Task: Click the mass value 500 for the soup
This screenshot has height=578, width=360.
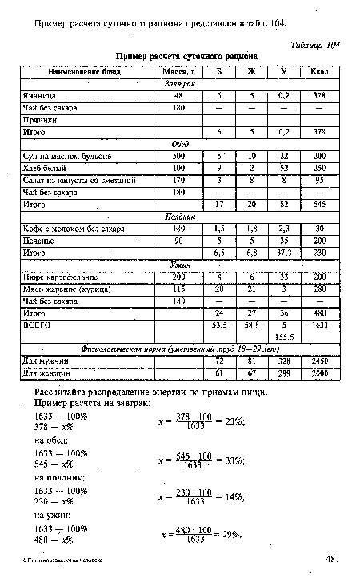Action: point(178,155)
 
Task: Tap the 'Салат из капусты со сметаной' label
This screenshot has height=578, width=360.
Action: point(78,180)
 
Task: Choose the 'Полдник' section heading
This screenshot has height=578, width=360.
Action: point(180,216)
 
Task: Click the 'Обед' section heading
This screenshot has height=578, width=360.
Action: point(180,143)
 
